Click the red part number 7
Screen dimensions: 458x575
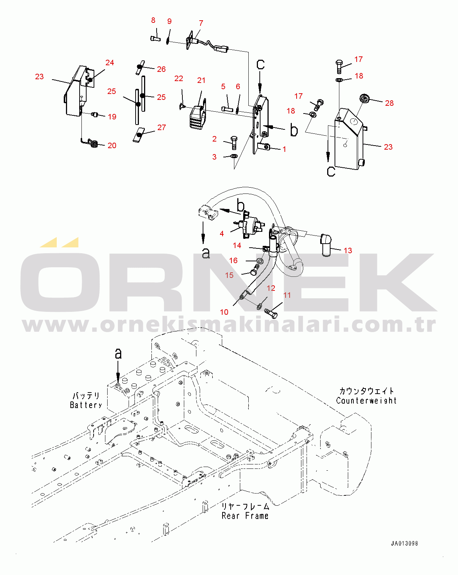(x=201, y=23)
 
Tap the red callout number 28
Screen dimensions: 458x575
(x=389, y=103)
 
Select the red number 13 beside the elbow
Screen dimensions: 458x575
(x=347, y=251)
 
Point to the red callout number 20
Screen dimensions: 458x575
(x=112, y=146)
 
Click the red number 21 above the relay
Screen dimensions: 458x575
(x=201, y=80)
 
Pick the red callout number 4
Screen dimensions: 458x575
(x=222, y=234)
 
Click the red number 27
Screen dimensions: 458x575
(x=161, y=128)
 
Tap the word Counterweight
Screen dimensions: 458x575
(x=366, y=401)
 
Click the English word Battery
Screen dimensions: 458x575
(x=86, y=405)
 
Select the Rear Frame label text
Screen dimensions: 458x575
(x=245, y=516)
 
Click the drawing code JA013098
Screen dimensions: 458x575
(x=404, y=543)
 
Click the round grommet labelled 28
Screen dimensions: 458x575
(x=364, y=98)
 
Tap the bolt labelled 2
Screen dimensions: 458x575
(x=234, y=143)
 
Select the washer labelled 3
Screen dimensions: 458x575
(x=234, y=156)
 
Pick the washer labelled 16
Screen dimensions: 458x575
(x=259, y=261)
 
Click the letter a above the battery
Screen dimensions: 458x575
(x=118, y=354)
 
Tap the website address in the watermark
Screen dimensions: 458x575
(x=229, y=325)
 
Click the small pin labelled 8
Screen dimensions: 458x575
(x=155, y=39)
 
